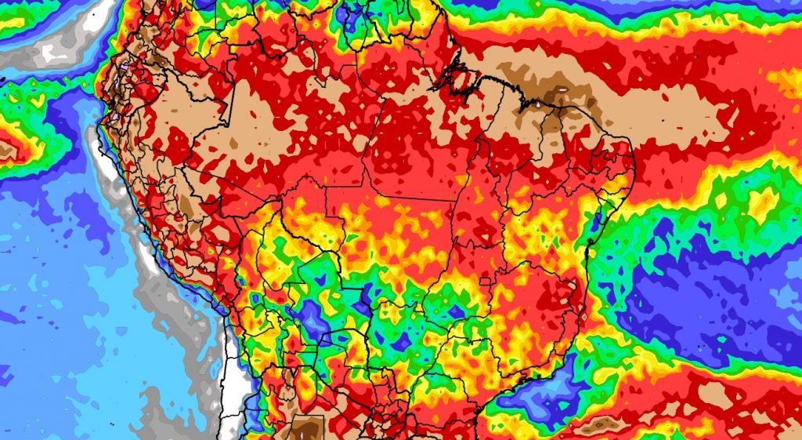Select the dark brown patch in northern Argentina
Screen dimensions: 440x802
tap(308, 427)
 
